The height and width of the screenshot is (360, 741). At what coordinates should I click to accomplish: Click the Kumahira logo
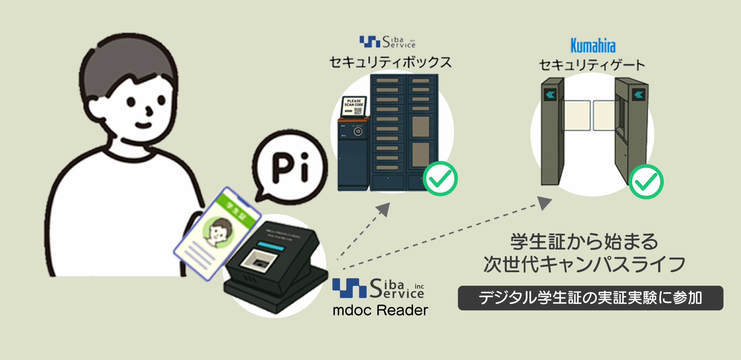(x=593, y=46)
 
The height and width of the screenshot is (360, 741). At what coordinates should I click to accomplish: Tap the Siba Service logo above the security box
(x=387, y=42)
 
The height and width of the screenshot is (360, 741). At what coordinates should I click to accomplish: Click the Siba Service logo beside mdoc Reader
(x=378, y=288)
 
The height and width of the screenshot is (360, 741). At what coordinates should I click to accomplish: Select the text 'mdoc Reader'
(x=380, y=310)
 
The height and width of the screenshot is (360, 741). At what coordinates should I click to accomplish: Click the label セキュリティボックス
(x=390, y=62)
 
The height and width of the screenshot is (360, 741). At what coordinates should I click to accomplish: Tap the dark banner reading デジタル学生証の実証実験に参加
(x=590, y=298)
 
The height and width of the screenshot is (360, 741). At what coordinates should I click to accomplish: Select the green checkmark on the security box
(x=440, y=178)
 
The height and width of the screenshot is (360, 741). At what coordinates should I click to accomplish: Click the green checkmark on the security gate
(x=646, y=182)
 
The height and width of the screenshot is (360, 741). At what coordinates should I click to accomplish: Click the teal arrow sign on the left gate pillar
(x=550, y=94)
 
